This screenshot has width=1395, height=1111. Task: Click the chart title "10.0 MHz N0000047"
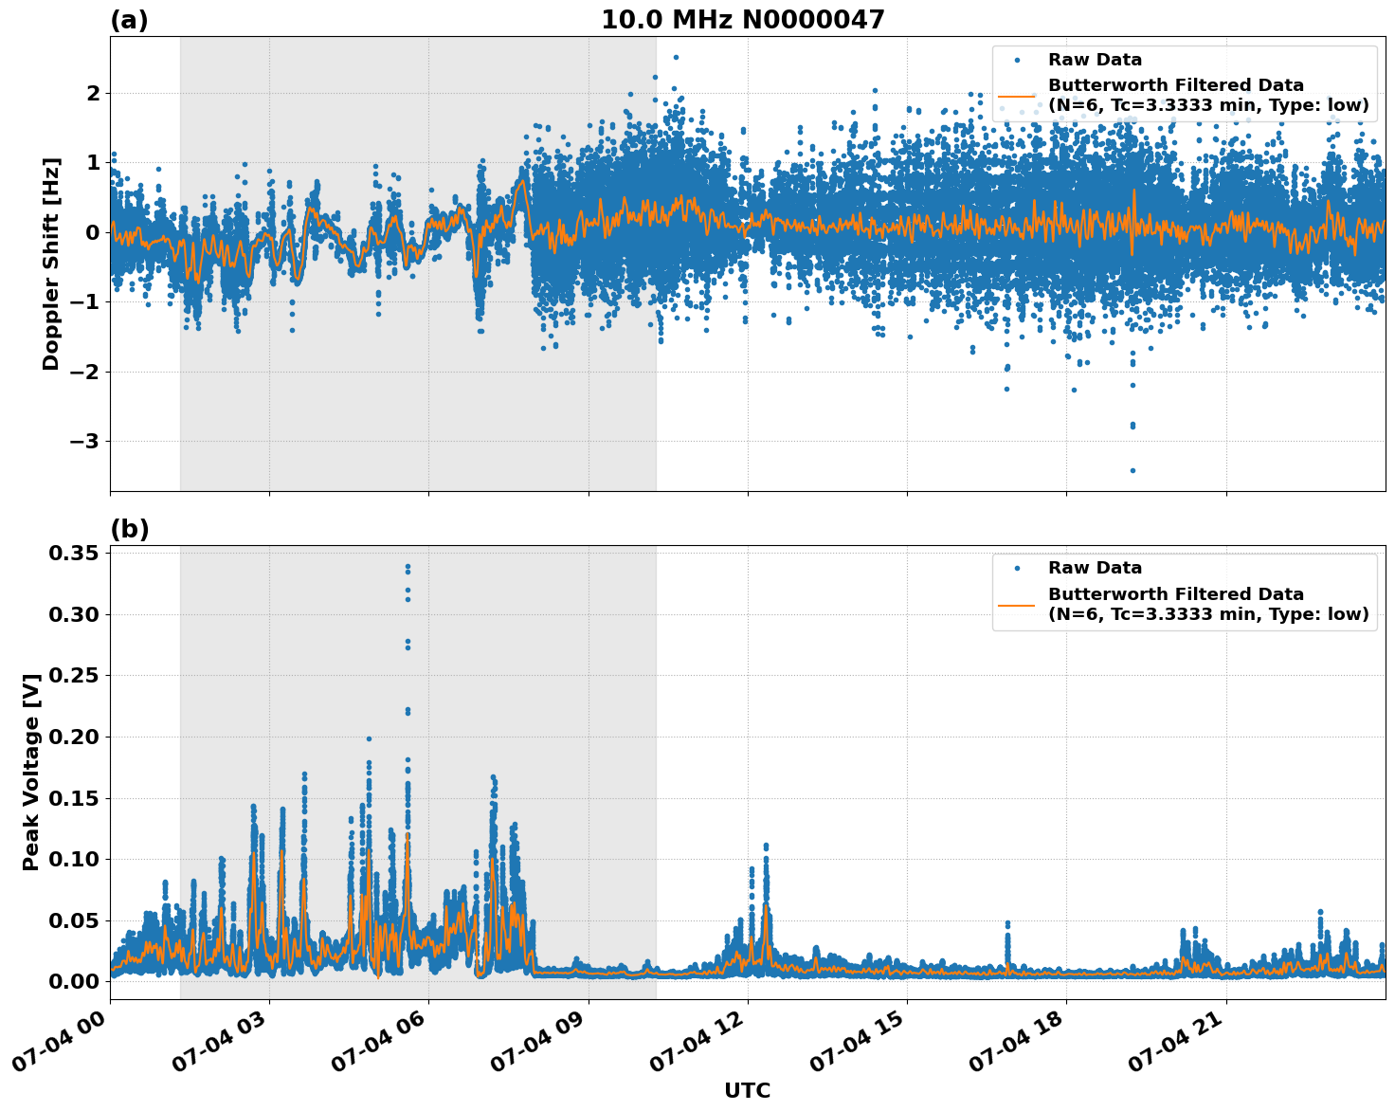click(742, 20)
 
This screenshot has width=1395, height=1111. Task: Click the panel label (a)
click(129, 20)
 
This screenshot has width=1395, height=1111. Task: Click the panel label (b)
click(129, 529)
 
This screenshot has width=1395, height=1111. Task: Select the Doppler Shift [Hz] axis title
click(51, 264)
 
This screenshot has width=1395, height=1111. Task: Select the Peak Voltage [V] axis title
click(31, 772)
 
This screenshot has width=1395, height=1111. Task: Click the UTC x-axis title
click(747, 1090)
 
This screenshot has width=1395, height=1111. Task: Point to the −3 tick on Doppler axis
click(86, 442)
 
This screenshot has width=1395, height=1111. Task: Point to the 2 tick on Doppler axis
click(93, 94)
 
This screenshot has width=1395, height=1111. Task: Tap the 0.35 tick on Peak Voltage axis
click(75, 554)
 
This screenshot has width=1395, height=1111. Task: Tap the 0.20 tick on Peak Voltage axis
click(75, 738)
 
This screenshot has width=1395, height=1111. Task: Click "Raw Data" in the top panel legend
click(1095, 60)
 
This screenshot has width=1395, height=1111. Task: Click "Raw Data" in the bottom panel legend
click(1095, 568)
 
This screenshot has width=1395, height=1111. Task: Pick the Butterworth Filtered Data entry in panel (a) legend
click(1207, 95)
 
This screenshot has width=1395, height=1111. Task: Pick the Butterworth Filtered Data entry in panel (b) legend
click(1207, 604)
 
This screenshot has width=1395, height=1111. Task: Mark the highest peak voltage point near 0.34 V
click(408, 567)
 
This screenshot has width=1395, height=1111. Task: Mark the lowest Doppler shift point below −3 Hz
click(1132, 470)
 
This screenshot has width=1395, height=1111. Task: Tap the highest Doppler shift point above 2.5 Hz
click(676, 57)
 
